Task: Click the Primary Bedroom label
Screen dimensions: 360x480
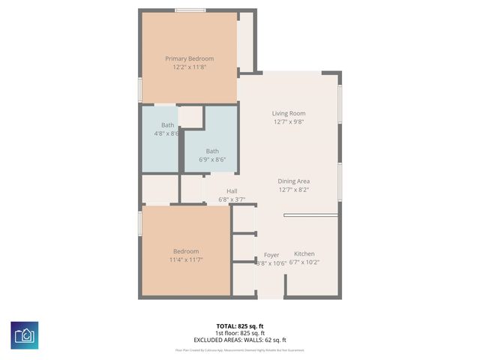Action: [189, 58]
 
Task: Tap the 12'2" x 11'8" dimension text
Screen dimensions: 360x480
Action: [189, 67]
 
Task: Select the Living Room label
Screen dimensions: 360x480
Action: [289, 113]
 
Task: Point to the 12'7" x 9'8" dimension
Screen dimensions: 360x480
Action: [289, 121]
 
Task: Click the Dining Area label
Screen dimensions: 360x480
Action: [293, 181]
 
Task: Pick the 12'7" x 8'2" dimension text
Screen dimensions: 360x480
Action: [293, 190]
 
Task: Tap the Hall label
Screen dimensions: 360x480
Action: [232, 191]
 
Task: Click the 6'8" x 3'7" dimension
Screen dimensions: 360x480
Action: [232, 199]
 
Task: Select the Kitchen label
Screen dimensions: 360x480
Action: [304, 253]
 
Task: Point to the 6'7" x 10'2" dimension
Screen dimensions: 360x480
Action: [304, 262]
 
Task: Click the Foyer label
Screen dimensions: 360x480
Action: [271, 254]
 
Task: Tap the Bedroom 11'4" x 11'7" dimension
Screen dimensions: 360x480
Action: [186, 259]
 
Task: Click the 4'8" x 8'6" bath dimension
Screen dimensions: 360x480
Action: [166, 133]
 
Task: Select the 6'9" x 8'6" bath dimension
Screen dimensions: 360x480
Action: [212, 159]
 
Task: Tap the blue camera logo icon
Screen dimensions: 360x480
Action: [25, 334]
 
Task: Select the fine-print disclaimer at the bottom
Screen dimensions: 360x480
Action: [240, 349]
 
